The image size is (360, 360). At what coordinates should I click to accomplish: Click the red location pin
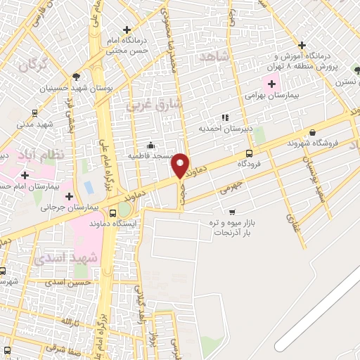coord(181,165)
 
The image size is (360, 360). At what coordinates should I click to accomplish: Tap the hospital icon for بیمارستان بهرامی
coord(271,84)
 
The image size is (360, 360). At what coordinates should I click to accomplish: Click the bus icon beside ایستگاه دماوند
coord(112,213)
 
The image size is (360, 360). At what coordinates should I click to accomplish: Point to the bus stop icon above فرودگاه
coord(250,154)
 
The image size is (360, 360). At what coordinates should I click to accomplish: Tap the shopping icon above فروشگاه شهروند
coord(312,132)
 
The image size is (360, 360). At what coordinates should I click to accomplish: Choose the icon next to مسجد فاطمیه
coord(150,146)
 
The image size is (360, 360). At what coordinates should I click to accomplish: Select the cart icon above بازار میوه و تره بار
coord(232,212)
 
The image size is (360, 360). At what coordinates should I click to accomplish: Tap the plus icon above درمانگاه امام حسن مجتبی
coord(127,30)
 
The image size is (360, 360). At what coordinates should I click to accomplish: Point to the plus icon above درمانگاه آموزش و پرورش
coord(302,44)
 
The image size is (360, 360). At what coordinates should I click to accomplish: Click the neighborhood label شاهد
coord(215,56)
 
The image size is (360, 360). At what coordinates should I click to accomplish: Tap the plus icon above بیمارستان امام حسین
coord(25,175)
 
